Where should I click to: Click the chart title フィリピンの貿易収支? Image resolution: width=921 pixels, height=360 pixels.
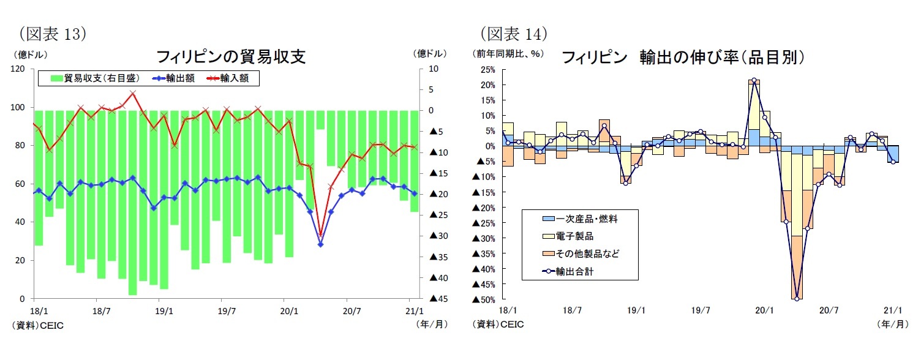point(231,58)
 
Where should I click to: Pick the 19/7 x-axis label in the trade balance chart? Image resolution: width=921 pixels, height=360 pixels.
point(227,310)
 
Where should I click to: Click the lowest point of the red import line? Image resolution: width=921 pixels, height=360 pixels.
point(320,235)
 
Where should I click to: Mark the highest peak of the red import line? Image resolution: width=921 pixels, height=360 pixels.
point(133,93)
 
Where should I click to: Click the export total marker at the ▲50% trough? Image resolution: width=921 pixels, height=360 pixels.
point(797,299)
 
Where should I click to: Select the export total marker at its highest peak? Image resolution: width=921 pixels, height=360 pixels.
point(754,80)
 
